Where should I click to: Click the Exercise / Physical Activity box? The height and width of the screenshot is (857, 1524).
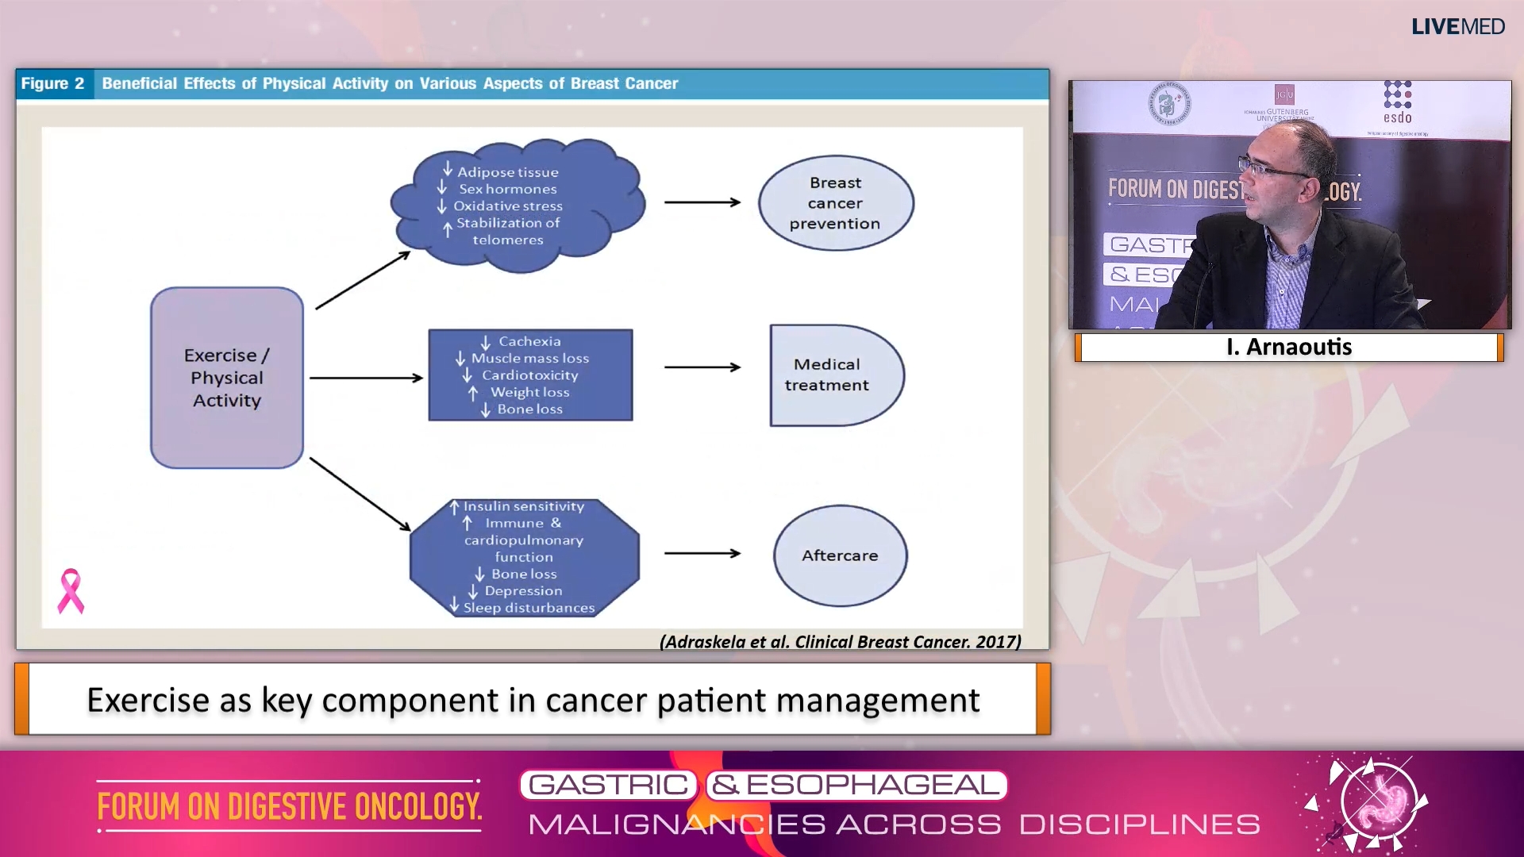tap(227, 378)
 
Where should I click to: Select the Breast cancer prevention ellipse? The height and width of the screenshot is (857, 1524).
tap(835, 203)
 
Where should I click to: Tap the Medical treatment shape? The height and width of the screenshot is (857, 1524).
tap(829, 375)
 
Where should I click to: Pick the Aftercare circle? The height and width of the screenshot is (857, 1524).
tap(840, 555)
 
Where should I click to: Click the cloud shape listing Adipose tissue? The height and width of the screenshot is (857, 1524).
tap(516, 205)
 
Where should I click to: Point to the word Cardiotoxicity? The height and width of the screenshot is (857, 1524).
tap(529, 375)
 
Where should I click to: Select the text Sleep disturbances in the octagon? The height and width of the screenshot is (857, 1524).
tap(529, 608)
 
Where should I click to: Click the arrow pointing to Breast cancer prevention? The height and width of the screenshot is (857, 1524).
tap(702, 202)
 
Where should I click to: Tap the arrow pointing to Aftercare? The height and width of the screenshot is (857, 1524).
tap(702, 553)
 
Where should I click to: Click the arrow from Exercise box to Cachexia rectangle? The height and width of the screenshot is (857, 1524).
tap(366, 378)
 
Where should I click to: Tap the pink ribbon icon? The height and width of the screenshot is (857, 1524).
tap(71, 591)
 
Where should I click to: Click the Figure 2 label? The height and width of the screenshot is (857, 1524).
tap(53, 83)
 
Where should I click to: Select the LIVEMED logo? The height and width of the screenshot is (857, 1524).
tap(1457, 26)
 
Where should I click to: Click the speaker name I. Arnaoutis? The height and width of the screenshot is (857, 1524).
tap(1288, 347)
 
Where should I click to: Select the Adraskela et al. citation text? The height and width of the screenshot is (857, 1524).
tap(840, 641)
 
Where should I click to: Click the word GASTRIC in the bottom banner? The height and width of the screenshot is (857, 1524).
tap(608, 785)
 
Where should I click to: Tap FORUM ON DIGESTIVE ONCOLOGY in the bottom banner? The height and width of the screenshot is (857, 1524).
tap(289, 806)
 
